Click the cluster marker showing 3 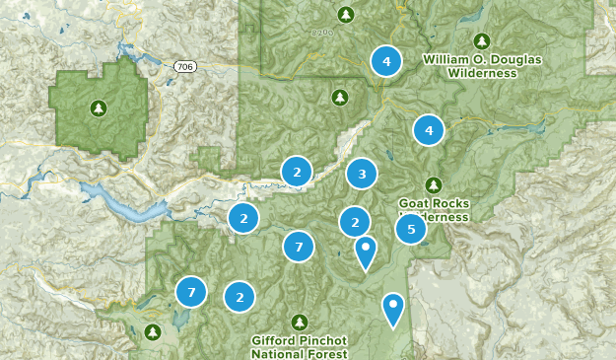pyautogui.click(x=362, y=175)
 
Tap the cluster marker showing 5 pyautogui.click(x=411, y=230)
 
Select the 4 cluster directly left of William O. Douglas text pyautogui.click(x=386, y=61)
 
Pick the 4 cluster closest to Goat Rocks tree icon pyautogui.click(x=428, y=130)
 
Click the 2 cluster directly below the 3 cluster pyautogui.click(x=355, y=222)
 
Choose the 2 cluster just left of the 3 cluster pyautogui.click(x=297, y=172)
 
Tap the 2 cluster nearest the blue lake pyautogui.click(x=243, y=218)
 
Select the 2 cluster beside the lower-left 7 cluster pyautogui.click(x=240, y=296)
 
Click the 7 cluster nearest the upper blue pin pyautogui.click(x=299, y=247)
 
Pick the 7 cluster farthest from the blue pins pyautogui.click(x=191, y=292)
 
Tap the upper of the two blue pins pyautogui.click(x=366, y=251)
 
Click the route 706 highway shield pyautogui.click(x=183, y=66)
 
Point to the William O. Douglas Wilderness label pyautogui.click(x=482, y=66)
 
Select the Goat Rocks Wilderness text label pyautogui.click(x=434, y=210)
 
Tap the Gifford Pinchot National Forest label pyautogui.click(x=300, y=346)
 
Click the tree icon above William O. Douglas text pyautogui.click(x=482, y=40)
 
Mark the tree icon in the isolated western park pyautogui.click(x=99, y=108)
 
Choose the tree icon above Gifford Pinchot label pyautogui.click(x=300, y=322)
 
